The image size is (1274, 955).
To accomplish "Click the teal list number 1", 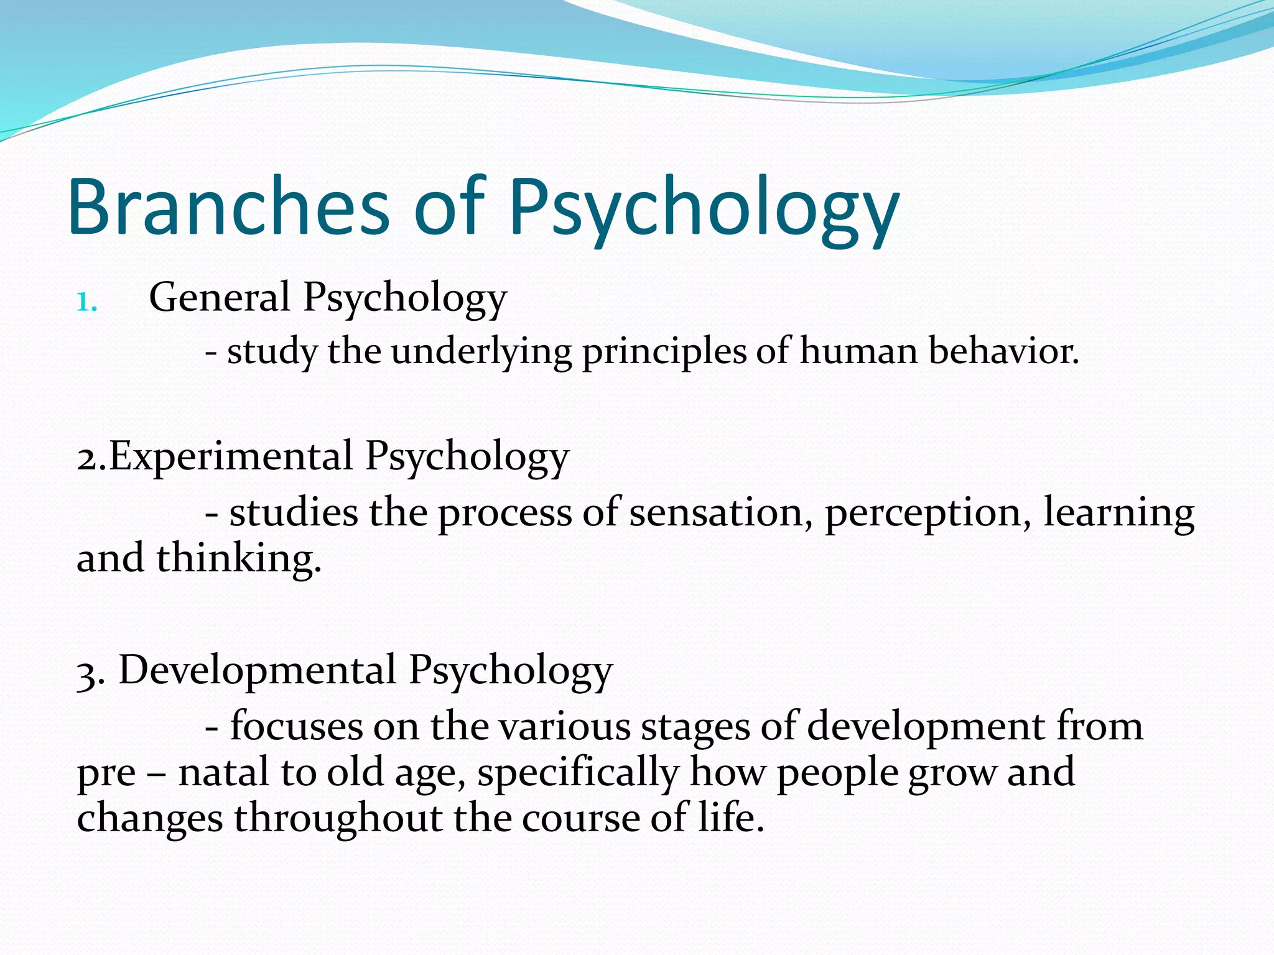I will [x=86, y=303].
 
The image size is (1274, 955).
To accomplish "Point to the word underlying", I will [x=481, y=352].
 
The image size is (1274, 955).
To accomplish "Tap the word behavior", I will [x=1003, y=351].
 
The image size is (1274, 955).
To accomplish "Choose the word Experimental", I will [x=231, y=456].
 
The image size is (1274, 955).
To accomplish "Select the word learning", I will [x=1118, y=513].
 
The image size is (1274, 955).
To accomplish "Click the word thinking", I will [x=239, y=558].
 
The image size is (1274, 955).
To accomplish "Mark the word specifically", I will [x=578, y=773].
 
